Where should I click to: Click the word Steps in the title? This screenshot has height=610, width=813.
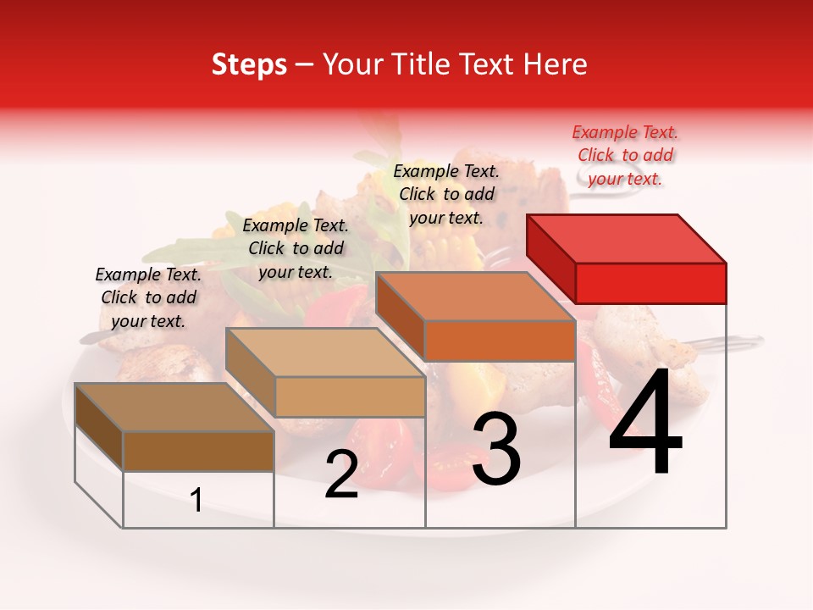[249, 64]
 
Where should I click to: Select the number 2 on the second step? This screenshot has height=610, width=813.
[341, 474]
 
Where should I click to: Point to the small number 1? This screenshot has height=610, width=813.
[196, 501]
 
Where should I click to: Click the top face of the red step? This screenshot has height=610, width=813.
[625, 238]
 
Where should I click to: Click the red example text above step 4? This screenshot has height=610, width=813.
[625, 155]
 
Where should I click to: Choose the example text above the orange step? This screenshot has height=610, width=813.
[446, 194]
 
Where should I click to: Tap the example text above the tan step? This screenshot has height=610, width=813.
[296, 248]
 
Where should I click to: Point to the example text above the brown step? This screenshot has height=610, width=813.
[148, 297]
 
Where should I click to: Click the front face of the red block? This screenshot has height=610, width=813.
[650, 283]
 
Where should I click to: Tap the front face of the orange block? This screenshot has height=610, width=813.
[499, 341]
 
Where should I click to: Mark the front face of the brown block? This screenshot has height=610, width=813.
[198, 452]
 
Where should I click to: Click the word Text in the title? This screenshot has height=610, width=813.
[489, 64]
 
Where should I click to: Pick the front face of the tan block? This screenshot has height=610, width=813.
[349, 396]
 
